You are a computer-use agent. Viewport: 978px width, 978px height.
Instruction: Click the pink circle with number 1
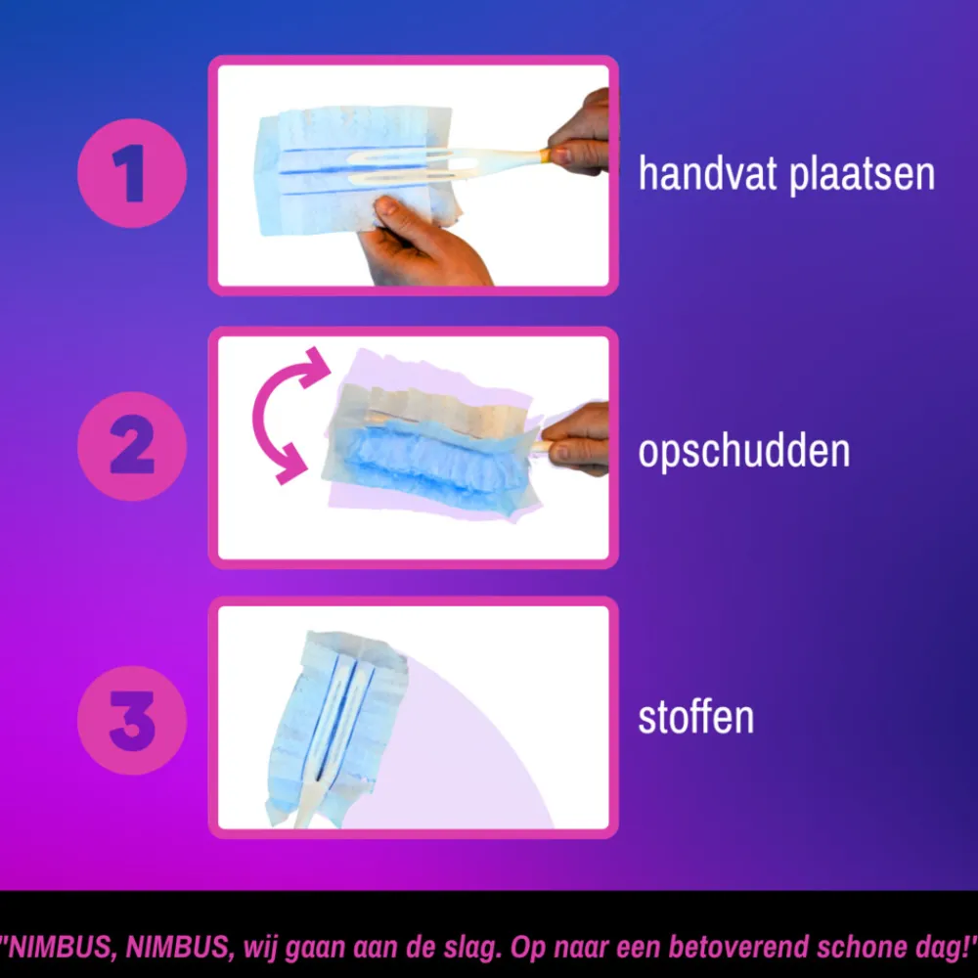point(132,173)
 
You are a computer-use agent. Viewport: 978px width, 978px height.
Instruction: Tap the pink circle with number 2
point(132,446)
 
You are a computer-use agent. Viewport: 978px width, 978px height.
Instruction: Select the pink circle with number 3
point(132,721)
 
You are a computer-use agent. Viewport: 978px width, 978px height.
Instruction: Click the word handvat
point(707,174)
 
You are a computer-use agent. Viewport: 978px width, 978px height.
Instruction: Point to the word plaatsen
point(862,176)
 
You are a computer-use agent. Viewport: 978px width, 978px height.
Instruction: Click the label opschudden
point(744,451)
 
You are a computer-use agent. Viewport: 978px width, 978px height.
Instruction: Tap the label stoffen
point(696,717)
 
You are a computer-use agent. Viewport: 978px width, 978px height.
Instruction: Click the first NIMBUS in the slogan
point(59,947)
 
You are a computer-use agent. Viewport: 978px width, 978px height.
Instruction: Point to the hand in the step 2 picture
point(575,438)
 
